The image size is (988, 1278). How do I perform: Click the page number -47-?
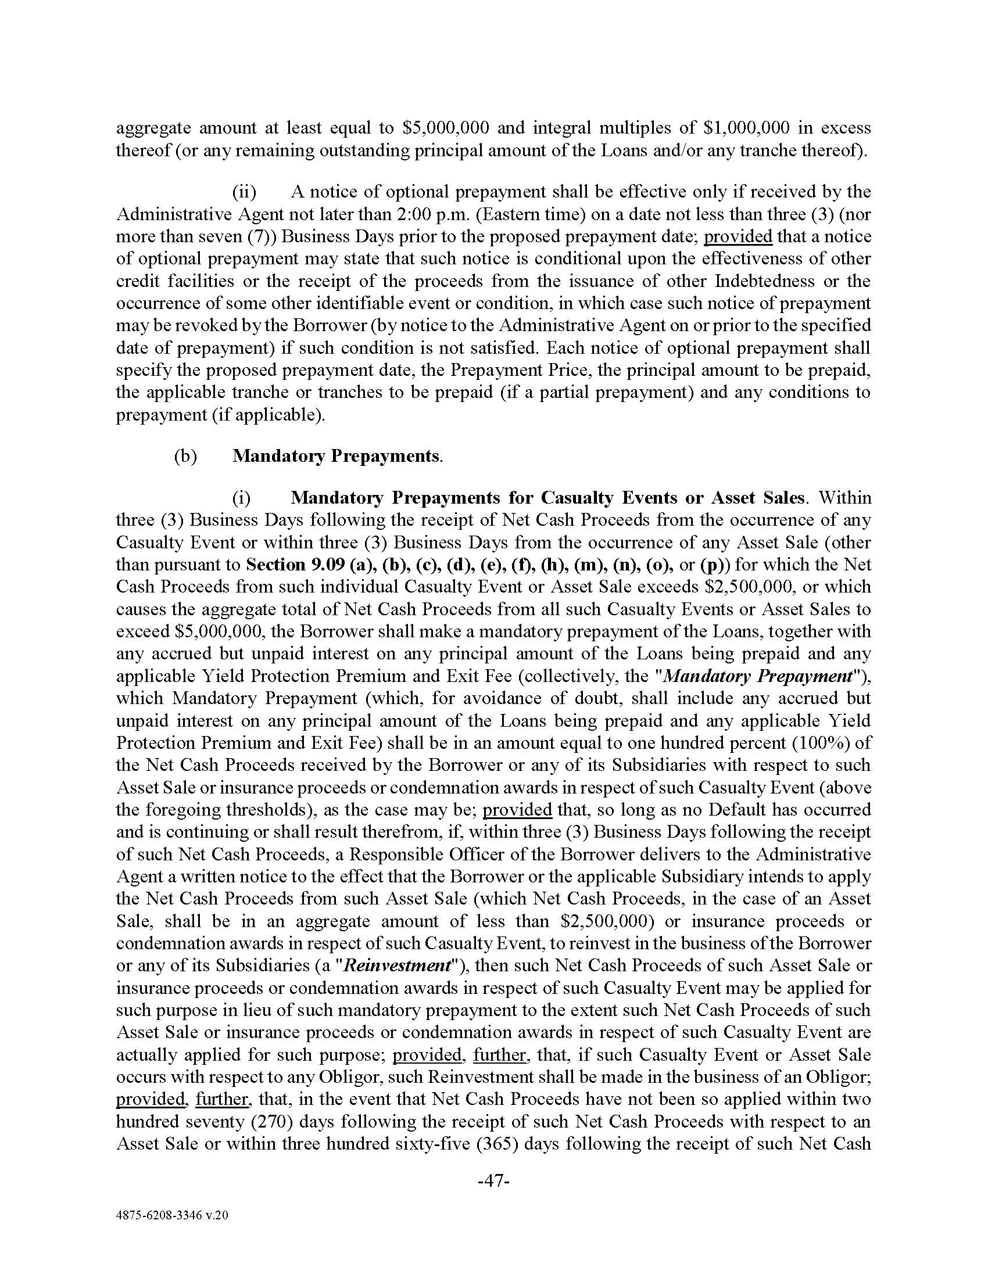(494, 1181)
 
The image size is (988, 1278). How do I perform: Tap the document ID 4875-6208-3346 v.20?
(171, 1231)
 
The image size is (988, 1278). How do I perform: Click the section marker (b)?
(185, 456)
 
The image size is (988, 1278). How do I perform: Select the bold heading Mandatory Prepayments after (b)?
(336, 456)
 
